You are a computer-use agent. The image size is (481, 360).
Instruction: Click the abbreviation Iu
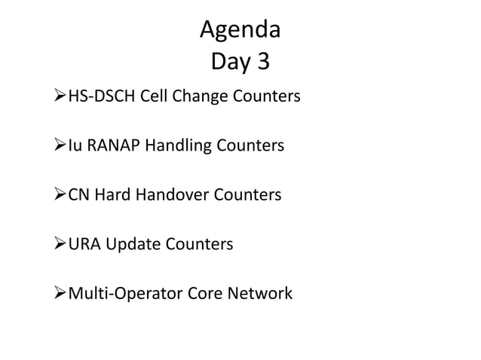[x=75, y=145]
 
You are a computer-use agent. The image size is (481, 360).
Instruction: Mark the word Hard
[x=112, y=195]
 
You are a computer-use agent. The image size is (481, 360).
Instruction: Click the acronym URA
[x=84, y=244]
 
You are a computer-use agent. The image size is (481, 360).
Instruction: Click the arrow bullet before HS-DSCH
[x=59, y=97]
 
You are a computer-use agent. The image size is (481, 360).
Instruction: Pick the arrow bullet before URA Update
[x=59, y=244]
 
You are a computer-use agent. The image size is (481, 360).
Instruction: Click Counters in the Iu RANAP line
[x=247, y=145]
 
